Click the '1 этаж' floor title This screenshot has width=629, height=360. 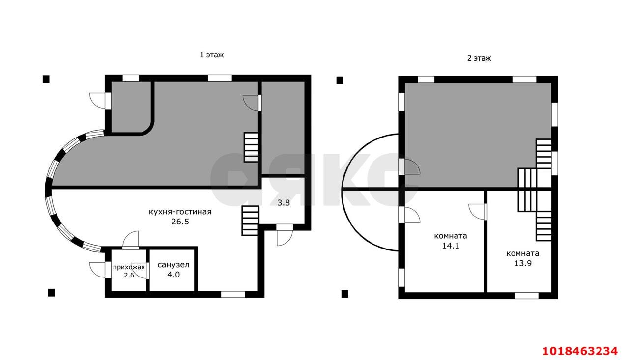click(x=212, y=55)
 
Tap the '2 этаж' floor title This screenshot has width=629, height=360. click(x=479, y=58)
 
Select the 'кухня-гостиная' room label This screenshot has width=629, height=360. click(x=180, y=212)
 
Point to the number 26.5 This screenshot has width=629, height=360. click(x=180, y=222)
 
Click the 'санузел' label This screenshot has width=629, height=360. click(x=173, y=265)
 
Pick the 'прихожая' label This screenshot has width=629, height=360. click(x=129, y=267)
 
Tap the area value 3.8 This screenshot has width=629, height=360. click(x=284, y=202)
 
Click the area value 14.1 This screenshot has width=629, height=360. click(x=451, y=246)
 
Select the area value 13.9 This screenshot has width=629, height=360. click(x=523, y=263)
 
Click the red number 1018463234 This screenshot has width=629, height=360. click(x=580, y=351)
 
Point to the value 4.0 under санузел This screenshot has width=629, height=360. click(x=173, y=275)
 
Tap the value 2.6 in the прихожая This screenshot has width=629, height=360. click(x=129, y=275)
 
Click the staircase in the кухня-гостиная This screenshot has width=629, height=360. click(x=250, y=221)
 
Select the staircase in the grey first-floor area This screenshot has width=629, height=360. click(x=251, y=147)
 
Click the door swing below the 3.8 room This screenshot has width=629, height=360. click(x=285, y=235)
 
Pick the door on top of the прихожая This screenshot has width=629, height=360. click(x=131, y=240)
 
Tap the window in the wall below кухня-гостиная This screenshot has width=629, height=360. click(x=233, y=294)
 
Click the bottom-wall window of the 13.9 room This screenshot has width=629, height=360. click(x=526, y=296)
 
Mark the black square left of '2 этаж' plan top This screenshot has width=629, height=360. click(x=340, y=81)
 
